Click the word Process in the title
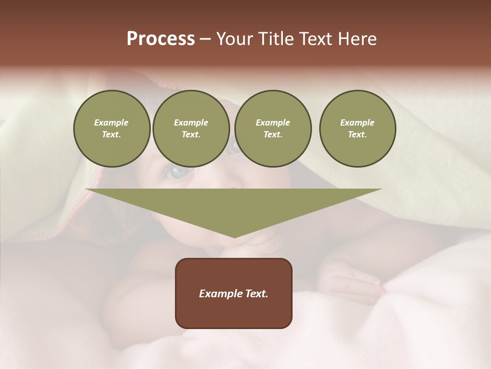click(x=161, y=39)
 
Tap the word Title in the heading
click(x=275, y=39)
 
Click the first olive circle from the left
click(x=111, y=129)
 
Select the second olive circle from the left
click(x=191, y=129)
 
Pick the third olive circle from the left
click(x=273, y=129)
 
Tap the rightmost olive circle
click(x=357, y=129)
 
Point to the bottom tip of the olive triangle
click(x=234, y=237)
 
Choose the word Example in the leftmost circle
click(x=111, y=122)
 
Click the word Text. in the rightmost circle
click(x=357, y=135)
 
